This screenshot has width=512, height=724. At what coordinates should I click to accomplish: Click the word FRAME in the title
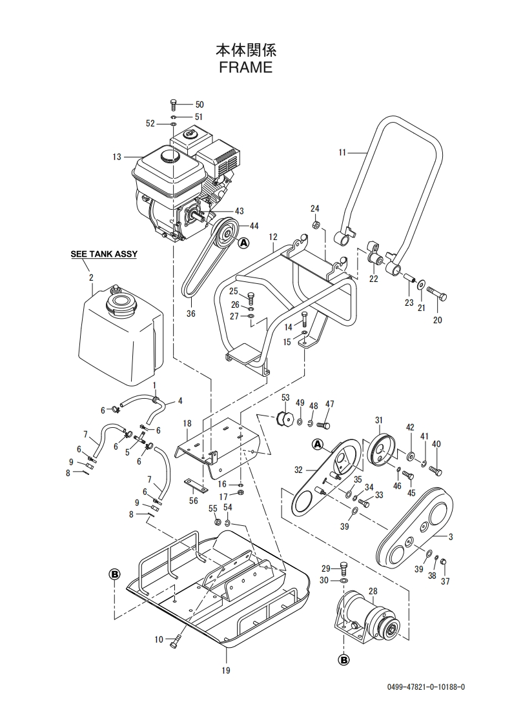click(245, 67)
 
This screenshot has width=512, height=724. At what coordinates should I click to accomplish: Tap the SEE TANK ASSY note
click(104, 254)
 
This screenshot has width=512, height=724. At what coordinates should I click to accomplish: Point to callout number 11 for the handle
click(342, 152)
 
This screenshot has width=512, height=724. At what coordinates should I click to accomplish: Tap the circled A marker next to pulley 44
click(243, 242)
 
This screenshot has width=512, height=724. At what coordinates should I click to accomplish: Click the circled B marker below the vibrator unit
click(344, 660)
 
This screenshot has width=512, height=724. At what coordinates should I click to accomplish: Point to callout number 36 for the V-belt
click(191, 314)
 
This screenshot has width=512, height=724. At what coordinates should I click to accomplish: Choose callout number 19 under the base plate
click(225, 670)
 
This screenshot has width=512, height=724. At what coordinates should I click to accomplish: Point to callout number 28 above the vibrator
click(373, 590)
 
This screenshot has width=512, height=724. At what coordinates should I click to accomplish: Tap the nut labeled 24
click(314, 225)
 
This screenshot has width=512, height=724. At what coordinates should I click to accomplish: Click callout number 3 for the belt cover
click(451, 536)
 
